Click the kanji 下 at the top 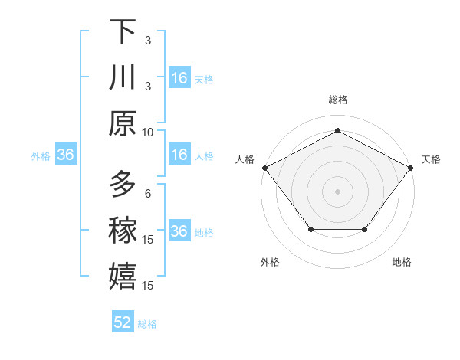click(x=123, y=33)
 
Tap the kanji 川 click(x=123, y=78)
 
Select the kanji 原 click(x=123, y=123)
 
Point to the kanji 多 click(x=123, y=185)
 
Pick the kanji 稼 click(x=123, y=230)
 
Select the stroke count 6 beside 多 click(x=148, y=193)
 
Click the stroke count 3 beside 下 click(x=148, y=41)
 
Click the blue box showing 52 click(x=123, y=322)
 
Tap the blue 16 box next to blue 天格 click(x=179, y=78)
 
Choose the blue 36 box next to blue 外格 click(x=66, y=155)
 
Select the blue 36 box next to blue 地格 click(x=179, y=231)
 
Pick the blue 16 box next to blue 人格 click(x=179, y=155)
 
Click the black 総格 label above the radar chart click(x=337, y=100)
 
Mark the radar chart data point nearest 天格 click(x=411, y=167)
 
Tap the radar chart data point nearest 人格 click(x=264, y=167)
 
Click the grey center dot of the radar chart click(x=337, y=191)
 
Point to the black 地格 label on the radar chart click(x=402, y=262)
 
